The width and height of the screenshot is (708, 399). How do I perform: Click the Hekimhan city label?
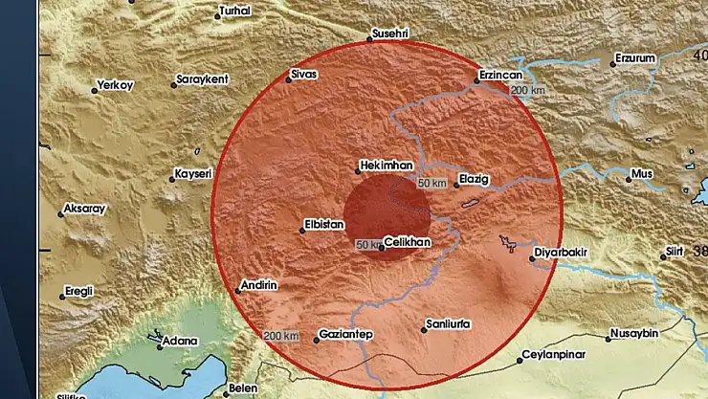pyautogui.click(x=389, y=164)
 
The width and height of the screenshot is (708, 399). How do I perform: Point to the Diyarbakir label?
pyautogui.click(x=567, y=255)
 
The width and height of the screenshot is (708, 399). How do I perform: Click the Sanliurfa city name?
pyautogui.click(x=448, y=324)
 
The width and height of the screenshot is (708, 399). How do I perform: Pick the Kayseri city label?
pyautogui.click(x=188, y=174)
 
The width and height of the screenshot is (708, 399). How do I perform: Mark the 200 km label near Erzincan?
pyautogui.click(x=530, y=91)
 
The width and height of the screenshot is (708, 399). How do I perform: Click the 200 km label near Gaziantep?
pyautogui.click(x=281, y=336)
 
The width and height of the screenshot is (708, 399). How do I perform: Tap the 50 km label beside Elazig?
pyautogui.click(x=432, y=183)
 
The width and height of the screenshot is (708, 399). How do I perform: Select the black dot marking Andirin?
pyautogui.click(x=238, y=292)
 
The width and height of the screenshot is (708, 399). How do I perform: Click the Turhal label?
pyautogui.click(x=234, y=11)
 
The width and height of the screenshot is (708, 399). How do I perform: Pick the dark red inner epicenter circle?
pyautogui.click(x=386, y=211)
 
